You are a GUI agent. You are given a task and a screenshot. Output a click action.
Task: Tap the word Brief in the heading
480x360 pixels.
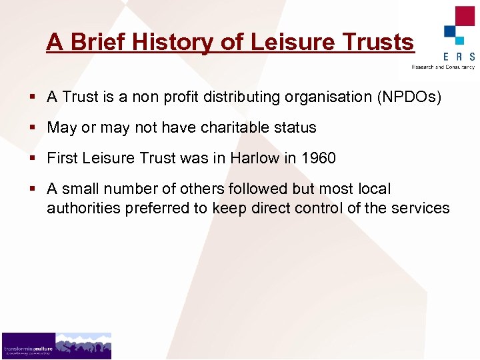click(98, 43)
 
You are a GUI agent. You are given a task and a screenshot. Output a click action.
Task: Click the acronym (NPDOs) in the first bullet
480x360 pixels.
click(409, 97)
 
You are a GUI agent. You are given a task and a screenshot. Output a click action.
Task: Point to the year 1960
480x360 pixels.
click(318, 159)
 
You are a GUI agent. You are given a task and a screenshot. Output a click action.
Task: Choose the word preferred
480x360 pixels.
click(156, 208)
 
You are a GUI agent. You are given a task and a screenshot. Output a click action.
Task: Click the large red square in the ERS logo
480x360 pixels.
click(465, 16)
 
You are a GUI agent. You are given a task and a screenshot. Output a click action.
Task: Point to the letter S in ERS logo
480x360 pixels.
click(471, 56)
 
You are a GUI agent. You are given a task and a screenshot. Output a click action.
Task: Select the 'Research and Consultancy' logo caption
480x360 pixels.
click(443, 67)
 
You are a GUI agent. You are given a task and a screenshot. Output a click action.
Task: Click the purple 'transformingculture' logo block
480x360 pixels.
click(28, 346)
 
